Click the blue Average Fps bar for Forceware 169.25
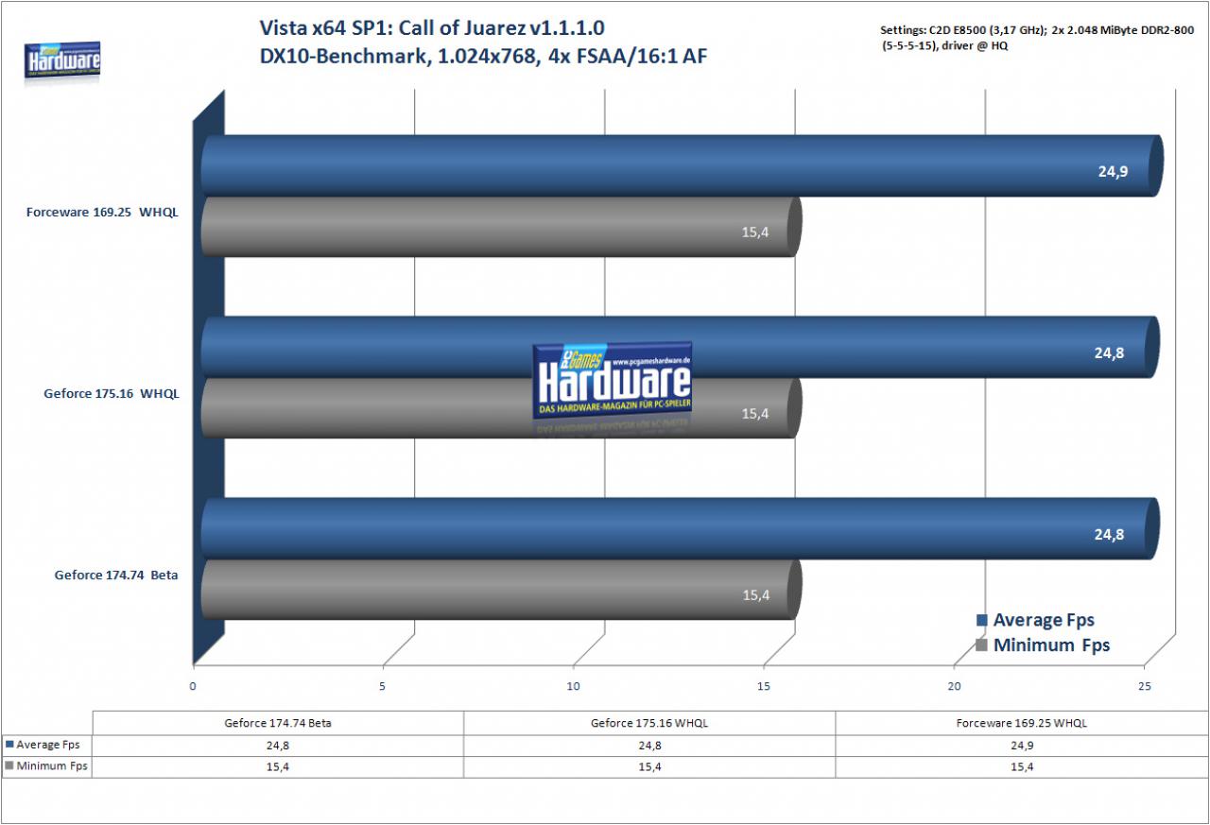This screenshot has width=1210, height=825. pyautogui.click(x=682, y=165)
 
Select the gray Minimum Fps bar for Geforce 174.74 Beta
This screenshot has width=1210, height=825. pyautogui.click(x=501, y=590)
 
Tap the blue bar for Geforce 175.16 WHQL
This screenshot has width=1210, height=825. pyautogui.click(x=681, y=347)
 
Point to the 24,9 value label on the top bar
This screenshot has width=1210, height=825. pyautogui.click(x=1113, y=172)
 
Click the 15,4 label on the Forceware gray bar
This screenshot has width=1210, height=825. pyautogui.click(x=754, y=232)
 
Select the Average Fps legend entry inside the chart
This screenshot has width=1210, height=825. pyautogui.click(x=1035, y=620)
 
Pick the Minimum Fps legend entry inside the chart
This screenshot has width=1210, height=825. pyautogui.click(x=1043, y=645)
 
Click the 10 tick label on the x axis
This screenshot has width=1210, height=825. pyautogui.click(x=573, y=686)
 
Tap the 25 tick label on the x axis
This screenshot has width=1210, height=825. pyautogui.click(x=1144, y=686)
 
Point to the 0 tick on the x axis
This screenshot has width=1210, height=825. pyautogui.click(x=193, y=686)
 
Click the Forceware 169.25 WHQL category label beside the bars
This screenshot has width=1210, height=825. pyautogui.click(x=102, y=213)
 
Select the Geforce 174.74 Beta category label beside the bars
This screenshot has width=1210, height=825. pyautogui.click(x=116, y=575)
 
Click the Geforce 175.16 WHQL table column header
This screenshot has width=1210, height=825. pyautogui.click(x=649, y=723)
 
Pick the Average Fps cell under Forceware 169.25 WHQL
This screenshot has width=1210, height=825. pyautogui.click(x=1022, y=746)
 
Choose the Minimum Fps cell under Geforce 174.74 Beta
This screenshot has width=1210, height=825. pyautogui.click(x=278, y=766)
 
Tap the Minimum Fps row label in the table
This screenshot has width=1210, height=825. pyautogui.click(x=46, y=766)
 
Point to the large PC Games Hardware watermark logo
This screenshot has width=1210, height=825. pyautogui.click(x=612, y=381)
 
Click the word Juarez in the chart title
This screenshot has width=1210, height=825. pyautogui.click(x=490, y=28)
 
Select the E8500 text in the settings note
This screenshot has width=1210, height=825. pyautogui.click(x=970, y=30)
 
